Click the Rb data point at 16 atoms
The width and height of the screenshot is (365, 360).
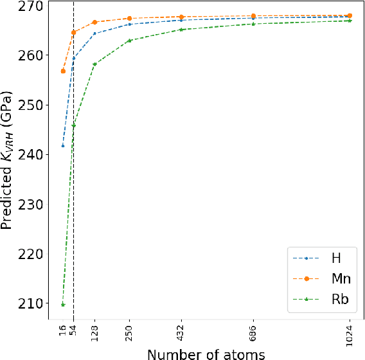pos(63,304)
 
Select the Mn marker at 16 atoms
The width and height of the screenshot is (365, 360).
pos(63,71)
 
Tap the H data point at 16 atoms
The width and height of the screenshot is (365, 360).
pos(63,146)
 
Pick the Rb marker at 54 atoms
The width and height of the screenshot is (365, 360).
pos(74,125)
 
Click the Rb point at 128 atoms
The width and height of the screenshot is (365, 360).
pos(95,64)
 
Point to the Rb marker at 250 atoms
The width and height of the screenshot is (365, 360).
pos(130,40)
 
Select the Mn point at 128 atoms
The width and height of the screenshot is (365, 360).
pos(95,22)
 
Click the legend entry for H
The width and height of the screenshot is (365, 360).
pos(335,258)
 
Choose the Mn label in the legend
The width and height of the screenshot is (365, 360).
pos(340,278)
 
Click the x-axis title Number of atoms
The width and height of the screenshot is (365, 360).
pos(206,353)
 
